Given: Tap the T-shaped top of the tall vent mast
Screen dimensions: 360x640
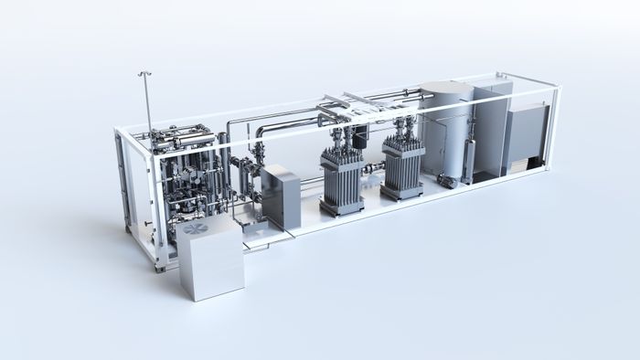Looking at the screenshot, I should (x=144, y=72).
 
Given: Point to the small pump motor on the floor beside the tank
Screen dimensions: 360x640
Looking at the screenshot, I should (x=447, y=181).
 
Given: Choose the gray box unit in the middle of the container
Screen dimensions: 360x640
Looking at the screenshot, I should (x=281, y=196).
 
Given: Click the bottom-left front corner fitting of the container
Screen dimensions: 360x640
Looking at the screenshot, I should (x=161, y=266).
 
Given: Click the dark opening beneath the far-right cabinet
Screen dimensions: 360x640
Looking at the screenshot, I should (x=525, y=164).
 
